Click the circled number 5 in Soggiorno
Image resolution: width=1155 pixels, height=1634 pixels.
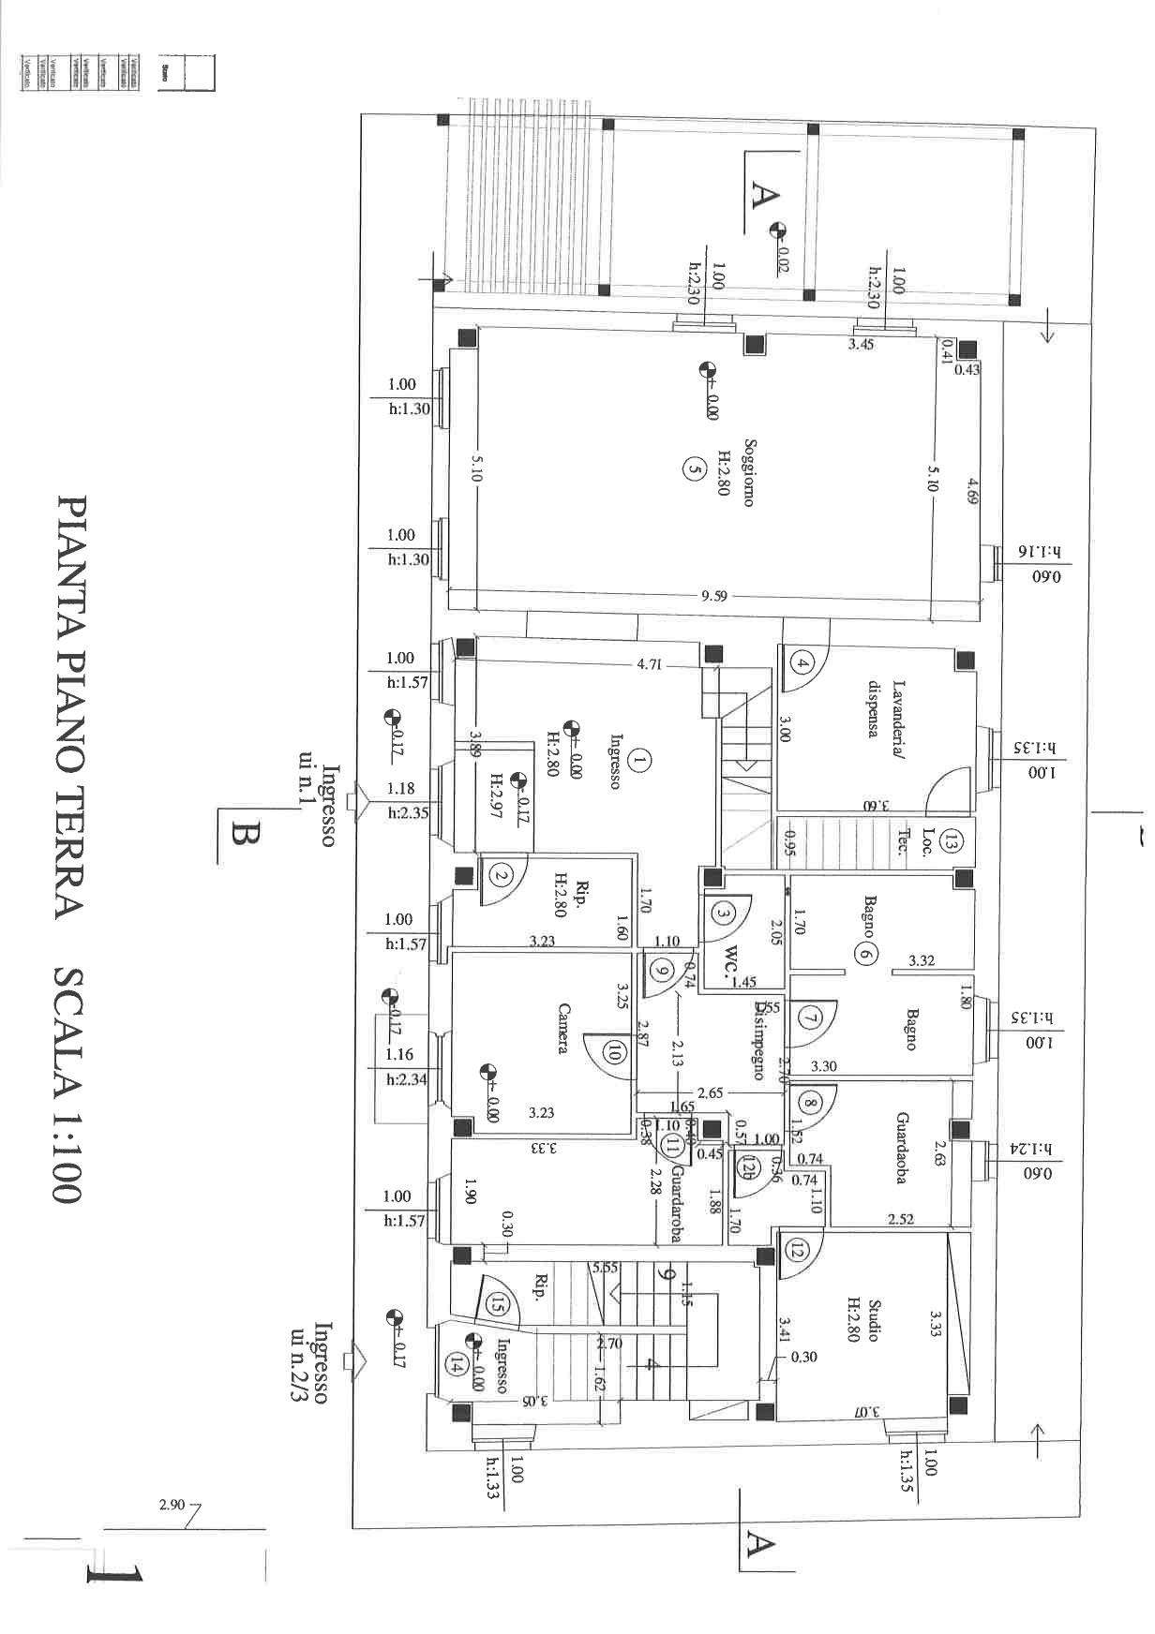pyautogui.click(x=693, y=468)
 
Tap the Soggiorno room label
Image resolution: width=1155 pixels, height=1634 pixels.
pyautogui.click(x=748, y=472)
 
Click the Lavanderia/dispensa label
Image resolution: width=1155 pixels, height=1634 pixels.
pyautogui.click(x=882, y=709)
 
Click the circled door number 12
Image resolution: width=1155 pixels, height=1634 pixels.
pyautogui.click(x=796, y=1248)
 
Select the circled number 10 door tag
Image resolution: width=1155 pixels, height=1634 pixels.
pyautogui.click(x=615, y=1053)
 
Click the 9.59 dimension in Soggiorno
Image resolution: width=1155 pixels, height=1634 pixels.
pyautogui.click(x=714, y=595)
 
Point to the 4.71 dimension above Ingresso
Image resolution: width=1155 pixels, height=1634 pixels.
pyautogui.click(x=650, y=665)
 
